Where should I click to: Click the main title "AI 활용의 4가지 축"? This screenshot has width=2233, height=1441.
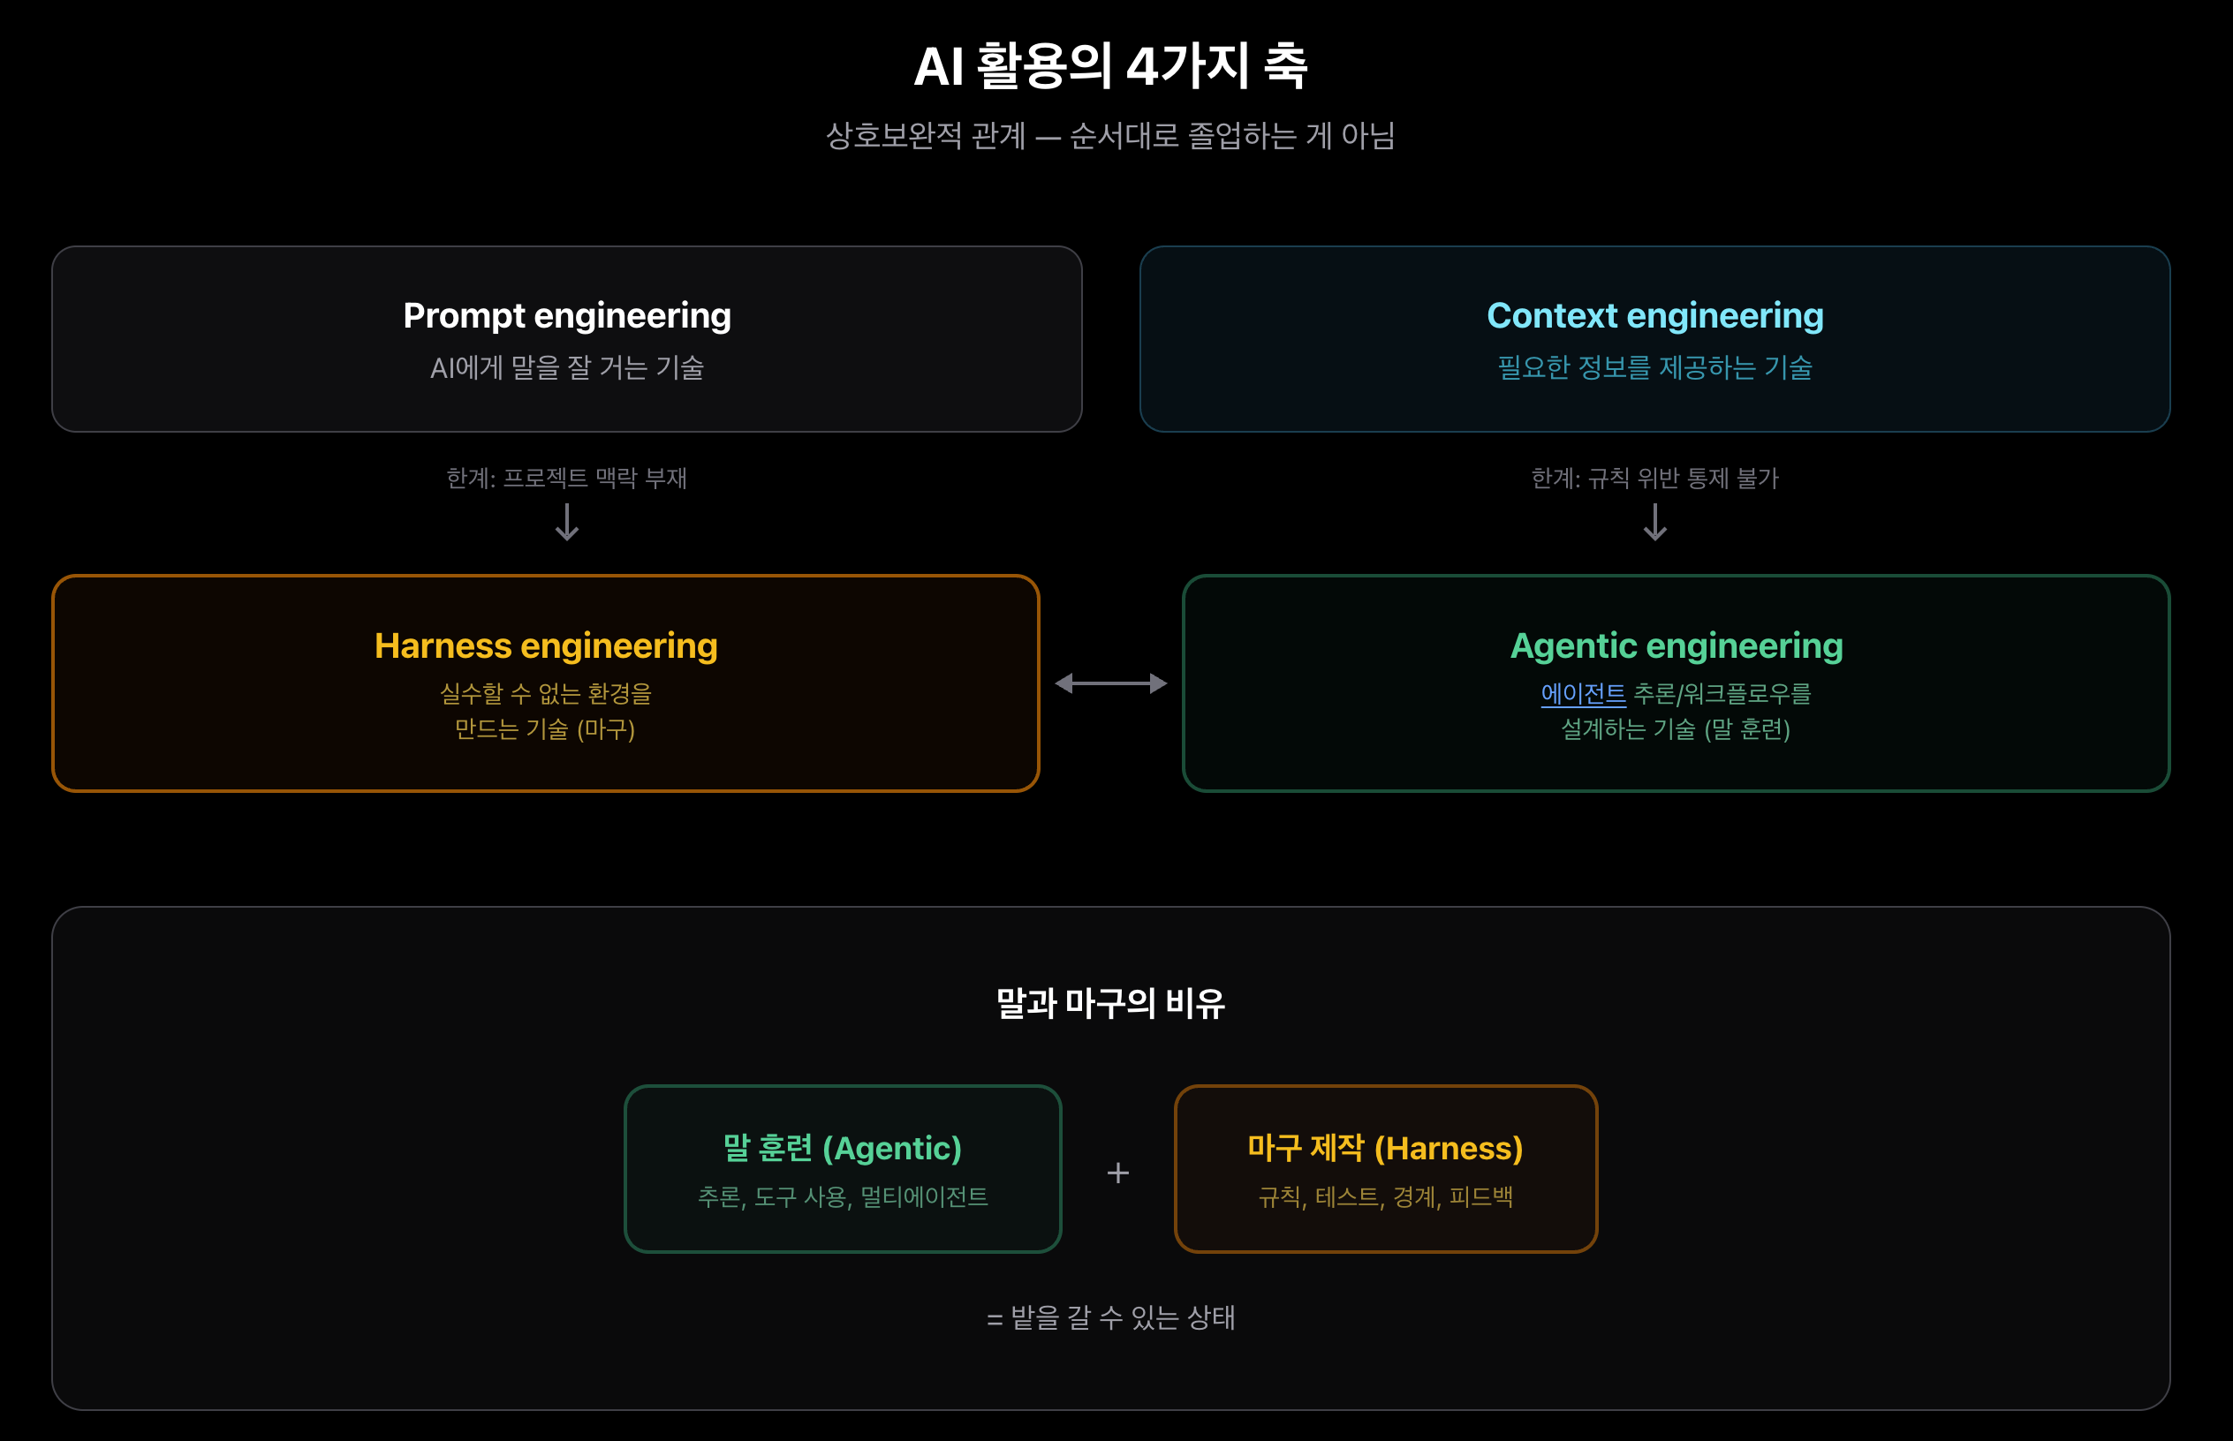1110,65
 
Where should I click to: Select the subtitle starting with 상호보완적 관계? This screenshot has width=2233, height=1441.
1110,136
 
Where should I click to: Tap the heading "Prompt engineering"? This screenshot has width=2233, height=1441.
566,315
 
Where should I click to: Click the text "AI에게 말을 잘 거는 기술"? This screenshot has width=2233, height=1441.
566,367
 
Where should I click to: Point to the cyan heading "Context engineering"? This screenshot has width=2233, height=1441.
1654,315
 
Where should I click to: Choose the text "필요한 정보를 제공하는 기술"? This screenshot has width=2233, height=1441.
1654,367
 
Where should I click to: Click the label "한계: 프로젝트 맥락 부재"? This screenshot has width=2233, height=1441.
566,479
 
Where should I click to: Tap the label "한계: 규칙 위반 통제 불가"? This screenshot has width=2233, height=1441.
1654,479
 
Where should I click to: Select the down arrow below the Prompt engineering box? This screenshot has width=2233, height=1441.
566,522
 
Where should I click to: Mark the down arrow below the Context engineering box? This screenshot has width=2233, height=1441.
1654,522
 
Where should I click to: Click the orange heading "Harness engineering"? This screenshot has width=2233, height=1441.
546,645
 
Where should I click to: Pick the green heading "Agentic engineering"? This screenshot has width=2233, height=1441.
1677,645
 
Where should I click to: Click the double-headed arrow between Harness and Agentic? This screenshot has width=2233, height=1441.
1111,683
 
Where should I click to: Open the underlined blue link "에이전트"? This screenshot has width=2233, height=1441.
1583,693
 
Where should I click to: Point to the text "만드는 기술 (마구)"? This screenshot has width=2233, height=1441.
546,729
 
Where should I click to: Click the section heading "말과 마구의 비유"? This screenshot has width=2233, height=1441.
1110,1003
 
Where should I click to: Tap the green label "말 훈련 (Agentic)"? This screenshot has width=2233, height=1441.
843,1148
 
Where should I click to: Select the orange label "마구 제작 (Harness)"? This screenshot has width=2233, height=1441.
1385,1148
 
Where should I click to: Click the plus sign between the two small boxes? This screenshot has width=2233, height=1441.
1117,1173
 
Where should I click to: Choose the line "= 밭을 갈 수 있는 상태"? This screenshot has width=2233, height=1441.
1110,1317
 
